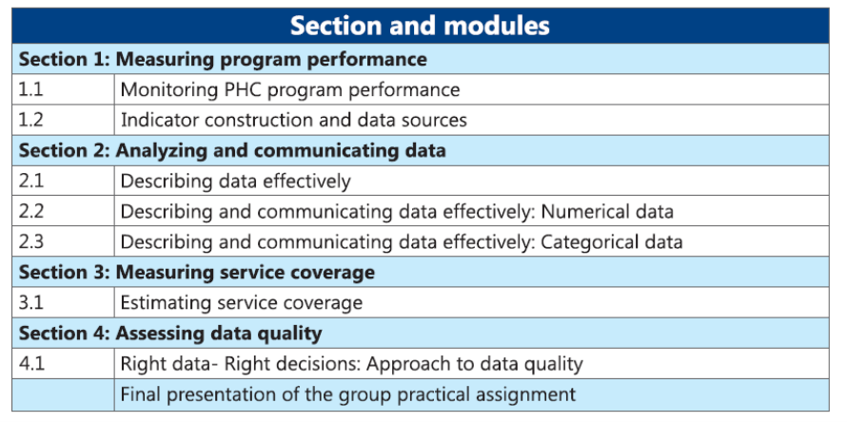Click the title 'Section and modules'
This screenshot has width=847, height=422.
420,26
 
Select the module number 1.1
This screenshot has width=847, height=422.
30,89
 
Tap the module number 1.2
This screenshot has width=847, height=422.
30,120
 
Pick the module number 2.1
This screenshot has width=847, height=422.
30,181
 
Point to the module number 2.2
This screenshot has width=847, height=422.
30,211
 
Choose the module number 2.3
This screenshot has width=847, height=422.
30,241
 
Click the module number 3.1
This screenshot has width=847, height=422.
30,303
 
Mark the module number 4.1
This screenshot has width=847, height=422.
31,364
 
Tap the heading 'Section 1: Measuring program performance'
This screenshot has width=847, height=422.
223,59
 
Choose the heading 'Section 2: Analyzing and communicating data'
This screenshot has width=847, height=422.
232,151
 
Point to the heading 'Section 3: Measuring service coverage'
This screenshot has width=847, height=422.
197,273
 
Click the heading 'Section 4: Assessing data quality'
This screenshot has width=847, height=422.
170,334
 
